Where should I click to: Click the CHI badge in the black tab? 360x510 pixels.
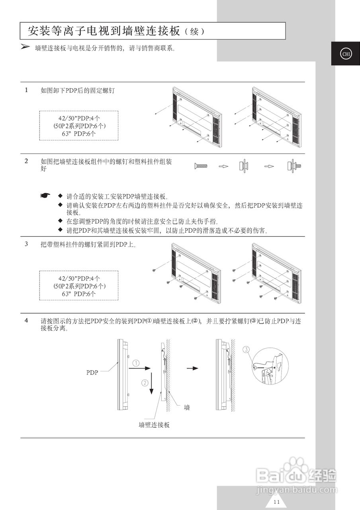[x=345, y=54]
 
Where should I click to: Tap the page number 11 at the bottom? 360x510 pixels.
[x=277, y=502]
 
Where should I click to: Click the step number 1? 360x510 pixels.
[x=26, y=90]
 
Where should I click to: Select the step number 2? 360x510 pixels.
[x=26, y=161]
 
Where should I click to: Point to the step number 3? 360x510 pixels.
[x=26, y=244]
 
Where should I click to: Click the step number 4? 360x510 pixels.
[x=26, y=320]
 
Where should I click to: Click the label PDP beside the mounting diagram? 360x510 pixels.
[x=92, y=373]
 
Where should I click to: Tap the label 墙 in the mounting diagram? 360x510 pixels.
[x=187, y=408]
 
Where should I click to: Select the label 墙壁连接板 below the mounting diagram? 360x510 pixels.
[x=154, y=425]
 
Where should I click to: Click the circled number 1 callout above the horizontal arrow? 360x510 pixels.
[x=136, y=363]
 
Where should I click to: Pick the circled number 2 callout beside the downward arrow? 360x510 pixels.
[x=145, y=382]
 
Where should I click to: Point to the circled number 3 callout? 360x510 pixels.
[x=247, y=350]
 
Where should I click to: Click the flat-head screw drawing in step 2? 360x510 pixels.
[x=201, y=166]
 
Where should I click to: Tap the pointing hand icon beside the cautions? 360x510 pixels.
[x=45, y=196]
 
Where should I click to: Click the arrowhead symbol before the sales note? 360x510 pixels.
[x=25, y=47]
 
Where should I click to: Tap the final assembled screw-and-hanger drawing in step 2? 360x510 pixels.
[x=294, y=166]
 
